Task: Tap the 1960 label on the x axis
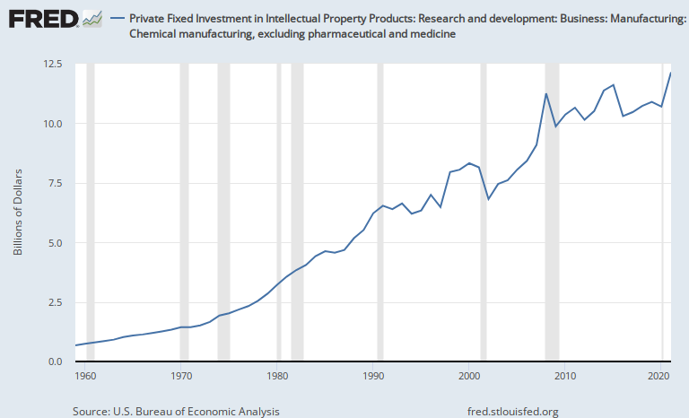[86, 377]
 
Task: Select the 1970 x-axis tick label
[182, 377]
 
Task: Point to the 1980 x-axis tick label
[278, 377]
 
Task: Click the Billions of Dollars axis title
[17, 212]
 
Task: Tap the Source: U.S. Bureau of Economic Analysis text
[176, 411]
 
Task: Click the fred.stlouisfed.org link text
[513, 411]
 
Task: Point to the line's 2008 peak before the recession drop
[546, 93]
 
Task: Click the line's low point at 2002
[488, 199]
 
